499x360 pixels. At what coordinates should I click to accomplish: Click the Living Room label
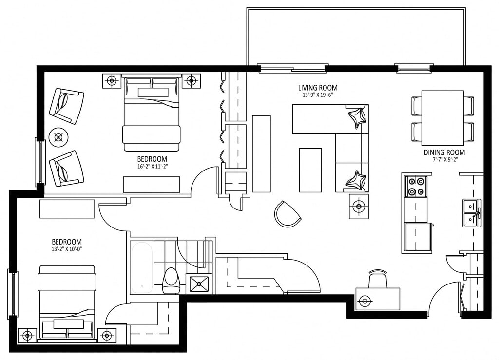pos(318,88)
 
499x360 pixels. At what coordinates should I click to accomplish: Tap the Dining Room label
pos(444,152)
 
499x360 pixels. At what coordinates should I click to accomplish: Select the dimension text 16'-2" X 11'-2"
pos(152,166)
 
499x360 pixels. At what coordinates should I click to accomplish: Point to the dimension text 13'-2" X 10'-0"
pos(67,249)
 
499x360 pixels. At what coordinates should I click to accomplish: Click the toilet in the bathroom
pos(171,281)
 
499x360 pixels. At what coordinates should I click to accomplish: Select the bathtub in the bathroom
pos(142,268)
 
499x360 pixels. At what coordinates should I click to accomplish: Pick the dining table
pos(442,117)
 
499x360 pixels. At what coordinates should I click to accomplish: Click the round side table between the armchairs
pos(58,137)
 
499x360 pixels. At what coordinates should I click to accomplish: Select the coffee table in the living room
pos(310,170)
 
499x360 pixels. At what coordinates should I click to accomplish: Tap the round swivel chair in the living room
pos(287,214)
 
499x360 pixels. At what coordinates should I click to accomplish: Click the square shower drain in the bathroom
pos(199,284)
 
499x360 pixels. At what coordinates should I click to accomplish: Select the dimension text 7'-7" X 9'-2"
pos(444,160)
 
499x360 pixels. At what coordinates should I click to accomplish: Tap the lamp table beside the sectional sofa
pos(359,207)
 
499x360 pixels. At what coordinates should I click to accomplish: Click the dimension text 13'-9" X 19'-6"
pos(318,95)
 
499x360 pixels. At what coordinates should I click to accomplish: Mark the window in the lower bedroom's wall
pos(13,294)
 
